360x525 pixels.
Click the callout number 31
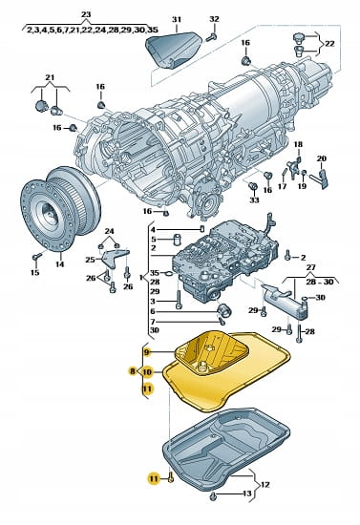[x=177, y=20]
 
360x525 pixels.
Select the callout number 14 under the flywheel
[x=59, y=263]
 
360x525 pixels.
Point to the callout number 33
[x=254, y=199]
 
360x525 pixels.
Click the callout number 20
[x=322, y=158]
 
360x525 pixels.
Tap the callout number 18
[x=298, y=144]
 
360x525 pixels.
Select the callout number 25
[x=90, y=259]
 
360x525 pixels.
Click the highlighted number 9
[x=146, y=352]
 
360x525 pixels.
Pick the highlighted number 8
[x=133, y=371]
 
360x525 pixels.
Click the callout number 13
[x=246, y=493]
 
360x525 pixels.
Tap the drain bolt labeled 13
[x=213, y=497]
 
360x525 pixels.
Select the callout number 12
[x=265, y=485]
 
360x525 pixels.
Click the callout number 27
[x=310, y=267]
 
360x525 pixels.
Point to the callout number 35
[x=155, y=273]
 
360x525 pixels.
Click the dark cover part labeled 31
[x=174, y=49]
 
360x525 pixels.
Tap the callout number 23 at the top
[x=86, y=14]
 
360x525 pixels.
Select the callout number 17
[x=283, y=185]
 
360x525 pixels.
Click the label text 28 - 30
[x=320, y=282]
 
